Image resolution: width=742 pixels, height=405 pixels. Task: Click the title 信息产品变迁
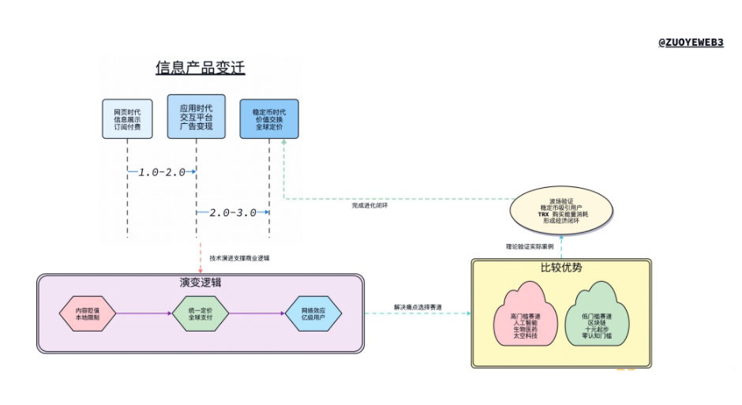pyautogui.click(x=200, y=68)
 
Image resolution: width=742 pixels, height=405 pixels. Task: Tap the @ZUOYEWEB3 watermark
pyautogui.click(x=691, y=43)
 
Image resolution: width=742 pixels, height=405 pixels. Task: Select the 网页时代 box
pyautogui.click(x=127, y=118)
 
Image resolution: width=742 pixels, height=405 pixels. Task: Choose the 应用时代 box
pyautogui.click(x=196, y=117)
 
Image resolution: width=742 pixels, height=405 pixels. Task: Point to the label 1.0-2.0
pyautogui.click(x=162, y=171)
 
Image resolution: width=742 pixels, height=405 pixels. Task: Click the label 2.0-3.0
pyautogui.click(x=233, y=212)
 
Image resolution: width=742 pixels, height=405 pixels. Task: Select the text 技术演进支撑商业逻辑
pyautogui.click(x=240, y=257)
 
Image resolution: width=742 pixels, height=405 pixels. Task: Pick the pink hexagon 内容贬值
pyautogui.click(x=88, y=314)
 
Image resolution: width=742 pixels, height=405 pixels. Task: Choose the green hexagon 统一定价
pyautogui.click(x=200, y=314)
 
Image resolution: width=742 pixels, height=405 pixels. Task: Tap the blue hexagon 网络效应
pyautogui.click(x=313, y=314)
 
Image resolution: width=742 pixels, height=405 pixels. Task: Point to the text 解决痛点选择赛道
pyautogui.click(x=418, y=306)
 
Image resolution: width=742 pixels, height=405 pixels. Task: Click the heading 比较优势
pyautogui.click(x=560, y=268)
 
